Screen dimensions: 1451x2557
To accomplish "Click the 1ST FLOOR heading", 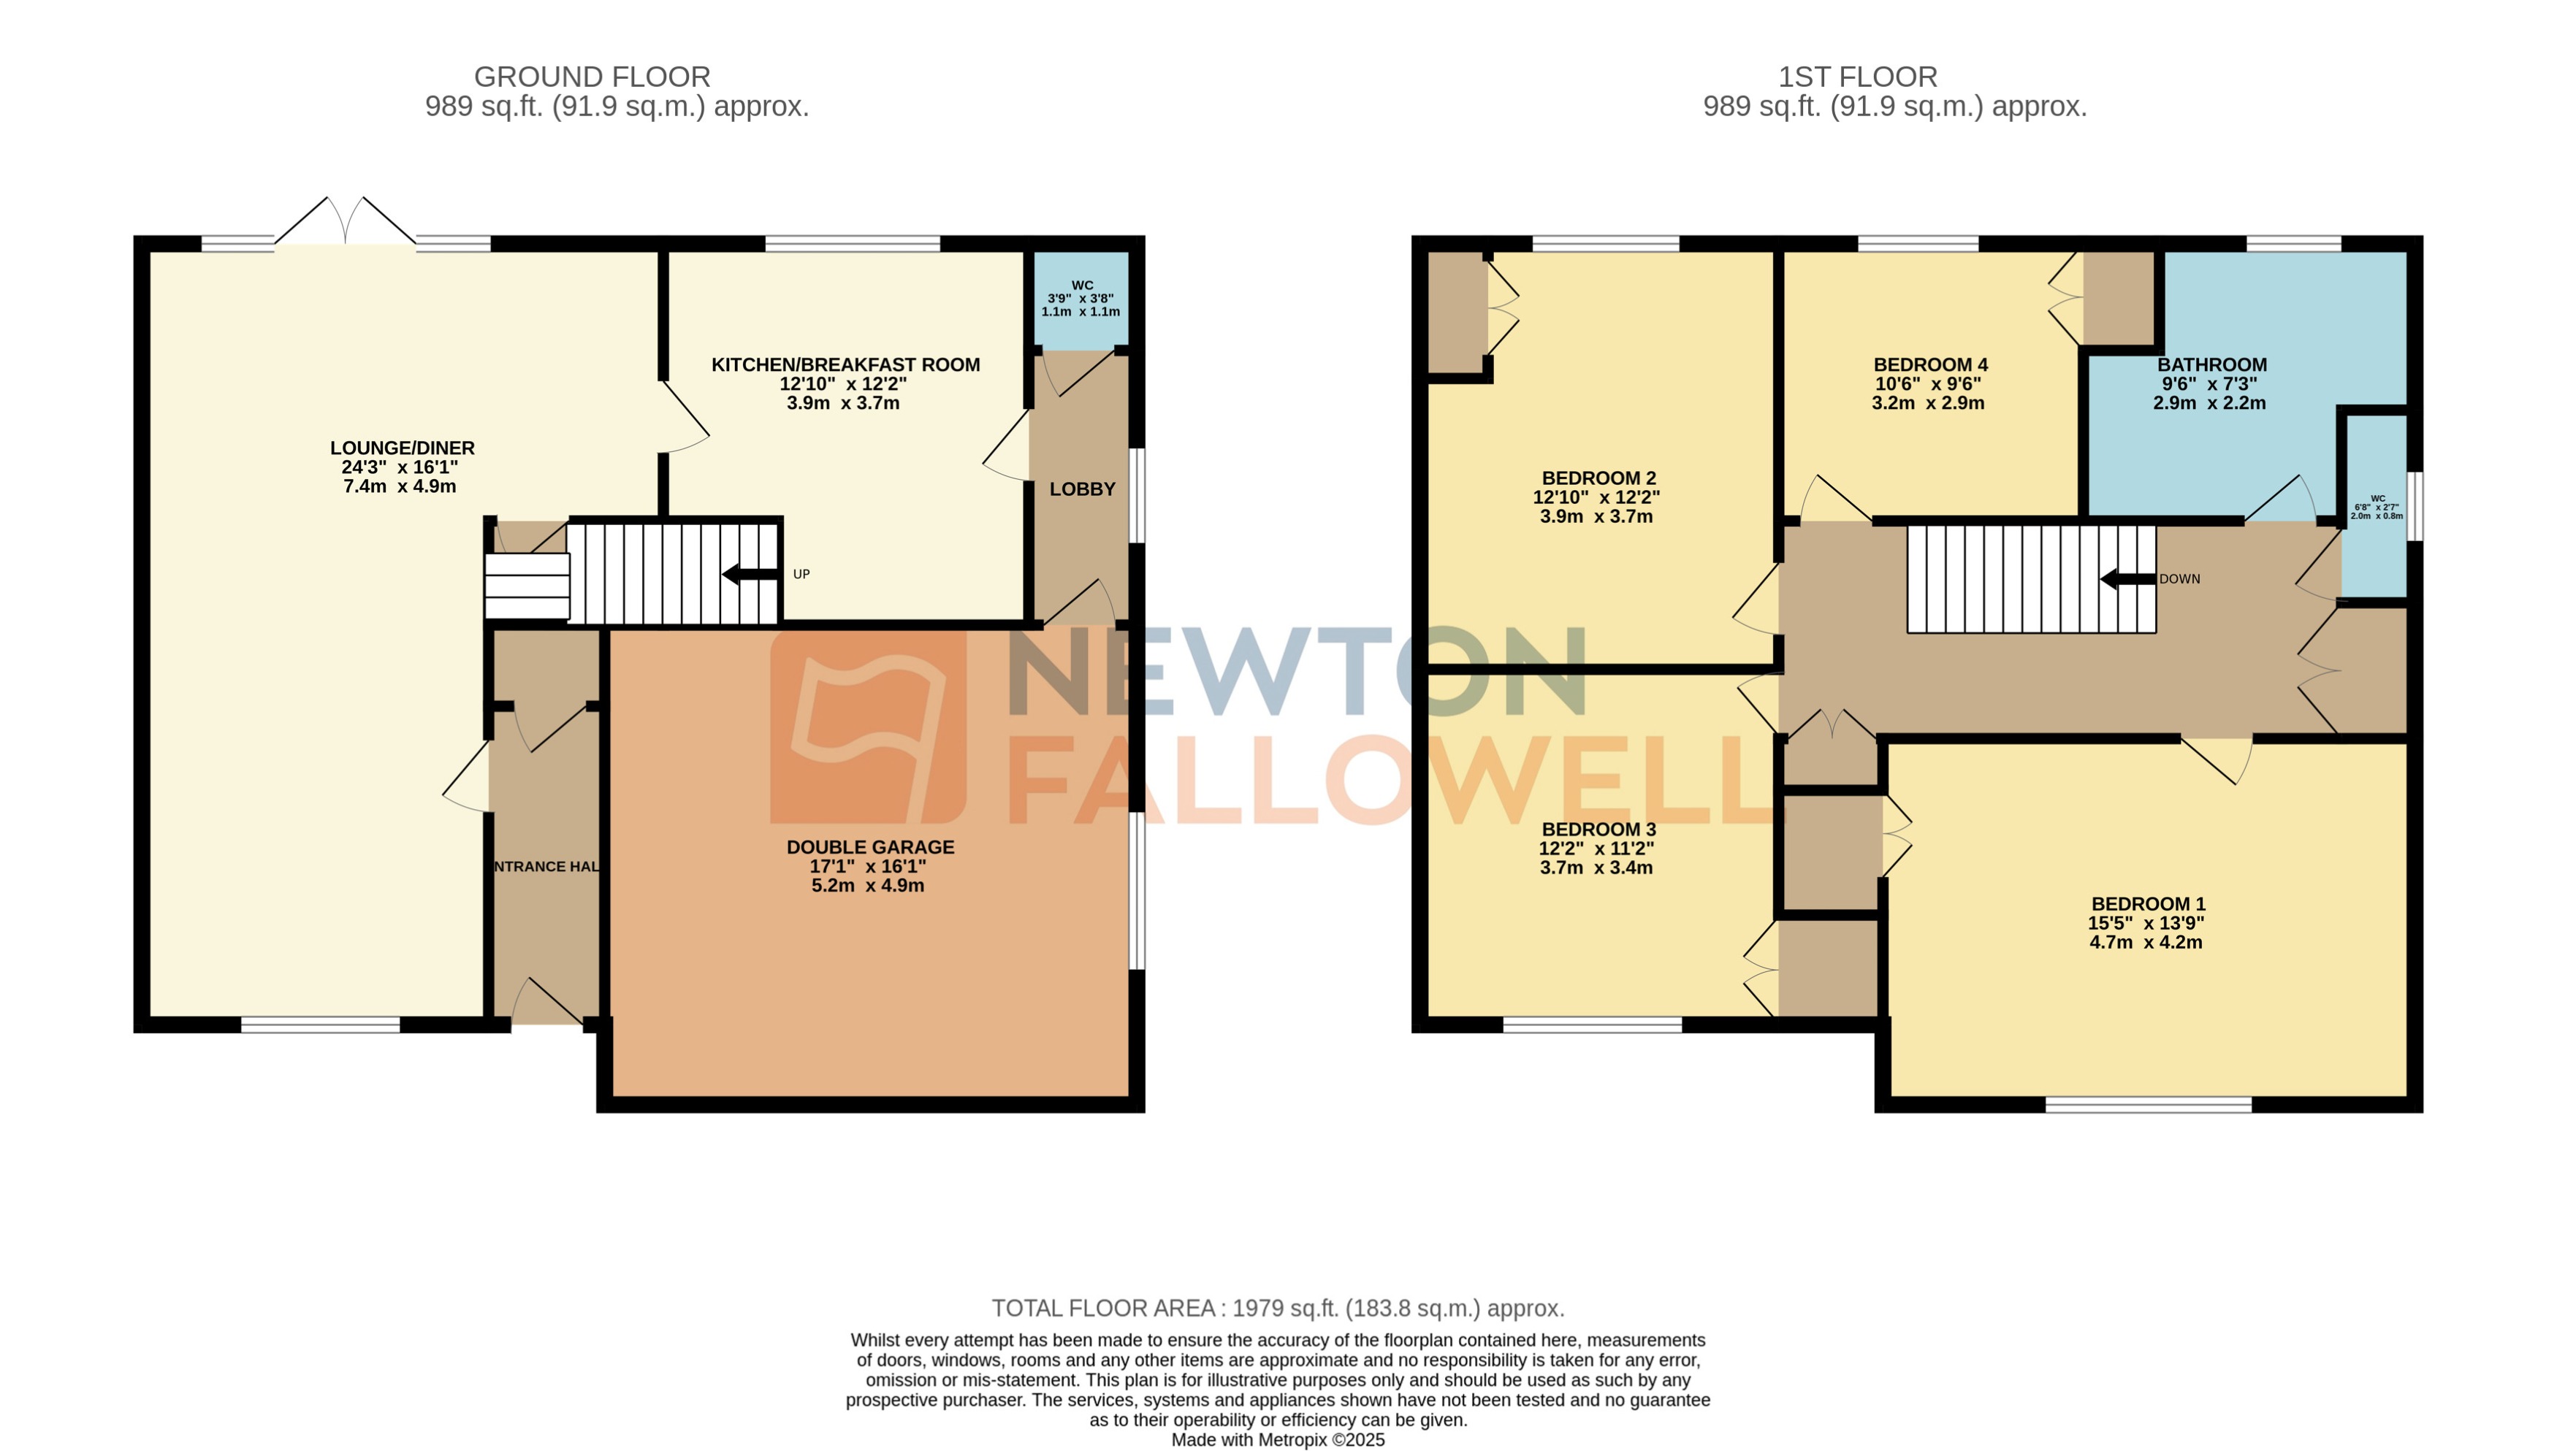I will pyautogui.click(x=1857, y=77).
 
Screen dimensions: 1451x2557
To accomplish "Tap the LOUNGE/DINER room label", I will pyautogui.click(x=402, y=448).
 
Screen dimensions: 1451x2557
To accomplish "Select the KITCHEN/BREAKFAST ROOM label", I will pyautogui.click(x=845, y=364).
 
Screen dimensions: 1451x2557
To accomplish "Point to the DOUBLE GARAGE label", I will pyautogui.click(x=869, y=847).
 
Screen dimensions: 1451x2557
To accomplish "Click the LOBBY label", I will pyautogui.click(x=1082, y=489).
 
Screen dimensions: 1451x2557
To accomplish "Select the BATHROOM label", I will pyautogui.click(x=2211, y=364).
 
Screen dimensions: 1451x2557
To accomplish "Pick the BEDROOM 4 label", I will pyautogui.click(x=1930, y=364).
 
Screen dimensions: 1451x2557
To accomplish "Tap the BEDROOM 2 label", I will pyautogui.click(x=1598, y=478).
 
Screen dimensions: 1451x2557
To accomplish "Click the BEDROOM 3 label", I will pyautogui.click(x=1598, y=829).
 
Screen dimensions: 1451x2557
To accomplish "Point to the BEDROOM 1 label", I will pyautogui.click(x=2147, y=904).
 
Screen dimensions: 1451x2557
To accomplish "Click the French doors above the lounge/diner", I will pyautogui.click(x=345, y=221).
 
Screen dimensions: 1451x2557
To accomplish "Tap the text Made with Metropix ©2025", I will pyautogui.click(x=1277, y=1440).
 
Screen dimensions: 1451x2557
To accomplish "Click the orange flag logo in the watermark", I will pyautogui.click(x=867, y=727).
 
